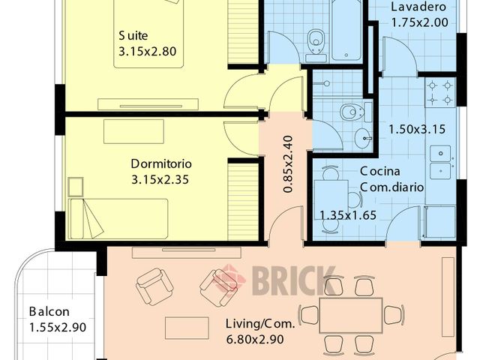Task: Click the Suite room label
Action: (133, 36)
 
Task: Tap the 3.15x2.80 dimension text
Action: (147, 52)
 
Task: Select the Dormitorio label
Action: (161, 163)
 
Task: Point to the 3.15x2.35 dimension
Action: (160, 179)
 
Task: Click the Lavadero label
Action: (418, 7)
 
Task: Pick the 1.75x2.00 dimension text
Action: (420, 22)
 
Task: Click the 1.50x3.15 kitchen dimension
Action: (417, 129)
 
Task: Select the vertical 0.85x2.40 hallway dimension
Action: (288, 164)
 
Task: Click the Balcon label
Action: (49, 312)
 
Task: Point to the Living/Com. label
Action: (260, 324)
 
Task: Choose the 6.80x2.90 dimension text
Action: (255, 339)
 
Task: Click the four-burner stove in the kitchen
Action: (440, 92)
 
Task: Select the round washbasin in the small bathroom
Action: (363, 137)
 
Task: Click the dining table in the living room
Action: (351, 315)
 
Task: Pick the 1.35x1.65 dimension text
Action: (348, 215)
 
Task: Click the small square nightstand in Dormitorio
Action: (76, 187)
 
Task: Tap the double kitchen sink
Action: (440, 162)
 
